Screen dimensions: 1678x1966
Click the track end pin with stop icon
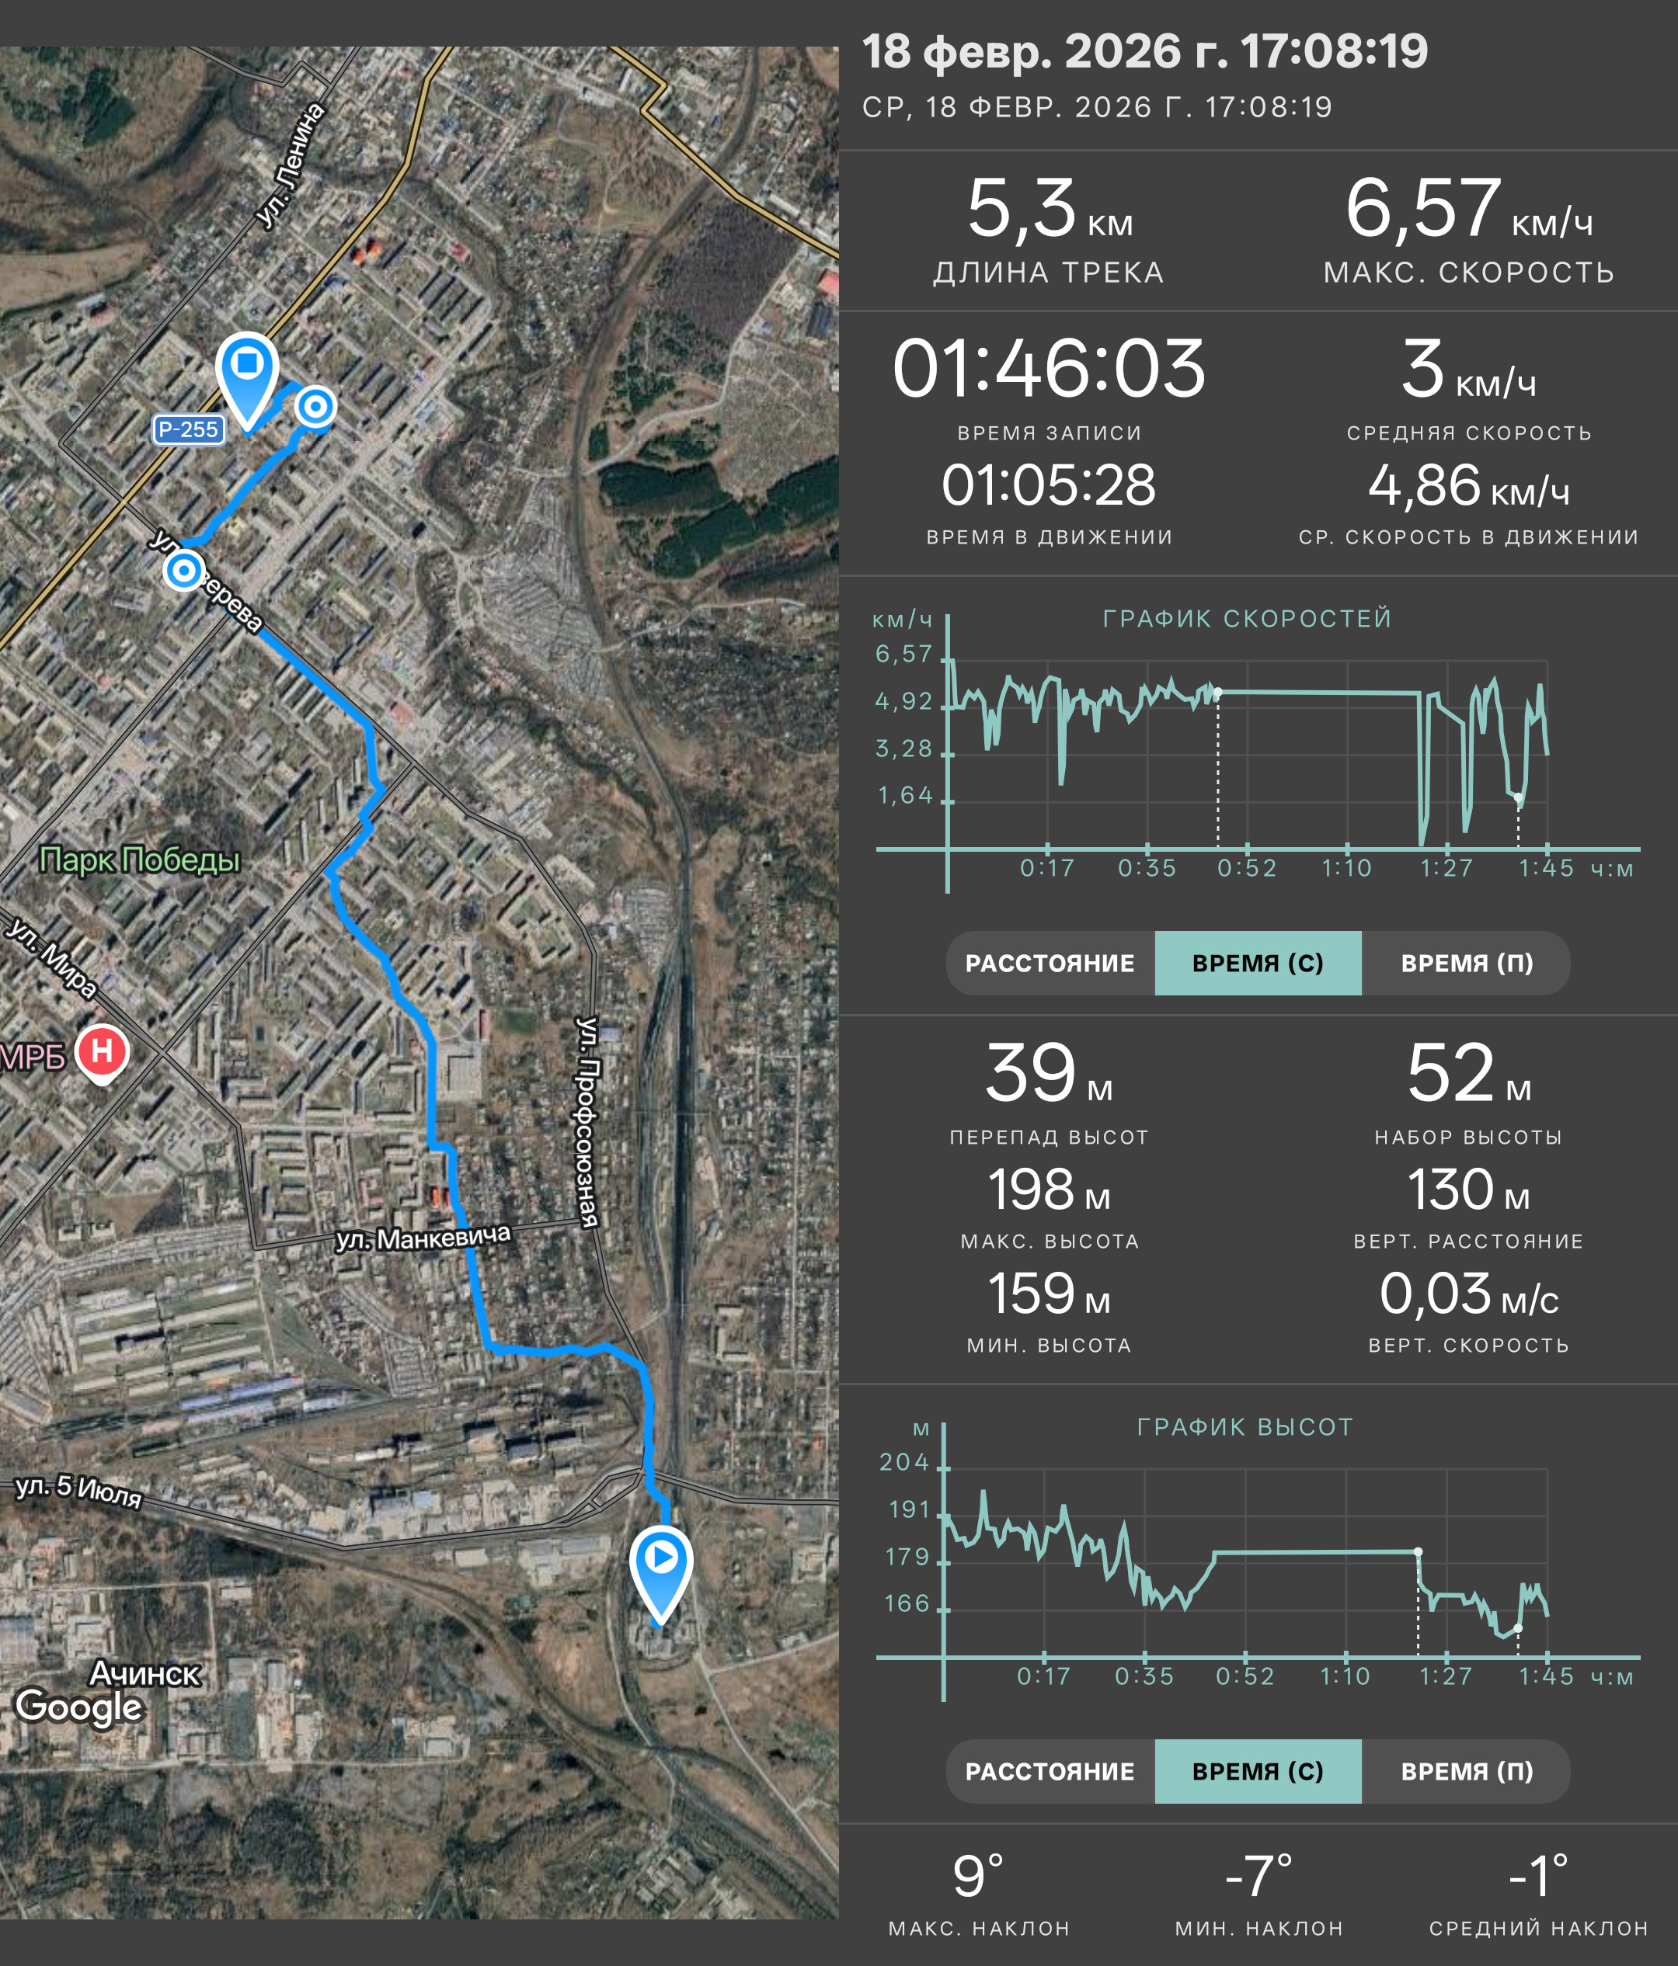point(247,377)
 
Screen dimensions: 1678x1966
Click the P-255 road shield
point(188,430)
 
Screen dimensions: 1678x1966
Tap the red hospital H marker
point(102,1051)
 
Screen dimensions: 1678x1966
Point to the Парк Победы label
point(140,860)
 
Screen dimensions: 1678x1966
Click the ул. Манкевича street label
point(423,1238)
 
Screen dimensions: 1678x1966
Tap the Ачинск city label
point(144,1672)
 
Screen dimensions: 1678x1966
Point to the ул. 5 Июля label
point(78,1491)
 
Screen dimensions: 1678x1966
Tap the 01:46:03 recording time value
point(1049,368)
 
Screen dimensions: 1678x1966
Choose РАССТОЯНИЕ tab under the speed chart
point(1050,963)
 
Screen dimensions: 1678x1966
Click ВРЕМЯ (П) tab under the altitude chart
point(1467,1771)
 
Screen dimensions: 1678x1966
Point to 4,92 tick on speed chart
point(903,701)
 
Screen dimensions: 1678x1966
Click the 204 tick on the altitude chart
point(903,1462)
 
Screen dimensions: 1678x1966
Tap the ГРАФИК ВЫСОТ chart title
point(1245,1427)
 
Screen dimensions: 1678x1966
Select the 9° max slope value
point(979,1876)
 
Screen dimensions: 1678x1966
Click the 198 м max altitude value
point(1049,1190)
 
